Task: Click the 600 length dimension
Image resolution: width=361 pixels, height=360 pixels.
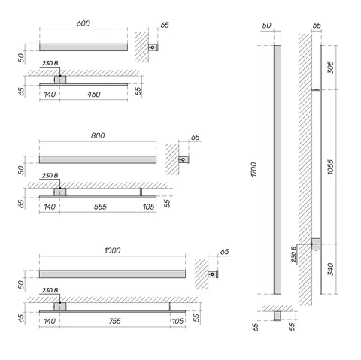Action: coord(83,23)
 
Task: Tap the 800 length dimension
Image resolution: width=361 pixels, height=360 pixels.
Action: coord(98,135)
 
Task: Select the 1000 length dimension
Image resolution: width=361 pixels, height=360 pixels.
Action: coord(112,250)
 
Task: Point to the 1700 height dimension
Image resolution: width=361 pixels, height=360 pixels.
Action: coord(254,169)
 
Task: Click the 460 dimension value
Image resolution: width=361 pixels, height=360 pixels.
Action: coord(94,95)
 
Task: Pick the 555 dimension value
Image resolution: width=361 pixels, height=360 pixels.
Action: coord(100,207)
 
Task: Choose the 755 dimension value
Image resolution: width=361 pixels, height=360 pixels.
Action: coord(115,321)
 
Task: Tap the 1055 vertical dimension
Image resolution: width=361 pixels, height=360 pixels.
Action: coord(331,167)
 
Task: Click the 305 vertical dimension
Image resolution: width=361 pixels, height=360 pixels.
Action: coord(331,68)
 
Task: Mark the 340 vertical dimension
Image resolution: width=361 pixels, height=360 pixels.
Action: coord(331,269)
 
